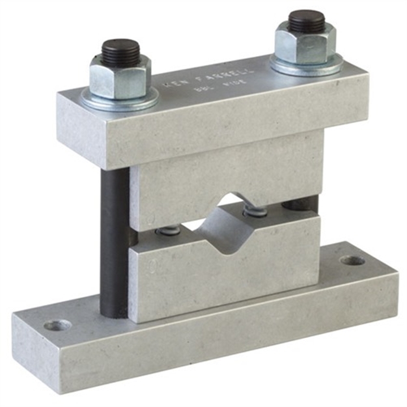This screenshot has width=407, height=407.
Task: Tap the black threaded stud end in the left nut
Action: [x=120, y=51]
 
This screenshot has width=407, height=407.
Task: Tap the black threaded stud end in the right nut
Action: [x=306, y=21]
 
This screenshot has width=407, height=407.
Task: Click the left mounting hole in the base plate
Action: [x=57, y=324]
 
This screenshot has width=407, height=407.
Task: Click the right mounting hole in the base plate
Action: [x=352, y=260]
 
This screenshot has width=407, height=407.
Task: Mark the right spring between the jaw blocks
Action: [x=255, y=211]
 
